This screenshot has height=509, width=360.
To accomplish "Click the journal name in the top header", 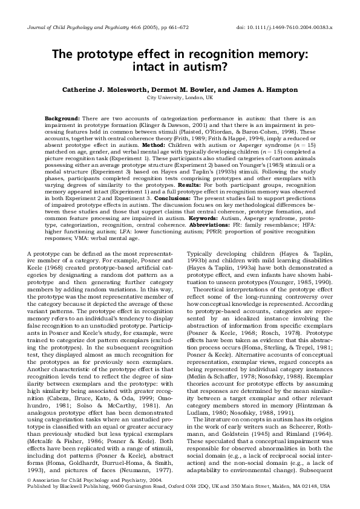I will coord(79,28).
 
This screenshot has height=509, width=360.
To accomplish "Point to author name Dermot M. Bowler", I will coord(183,88).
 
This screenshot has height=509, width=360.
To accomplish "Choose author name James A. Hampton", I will coord(249,88).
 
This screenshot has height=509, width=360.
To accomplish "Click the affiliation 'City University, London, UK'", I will coord(180,97).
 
